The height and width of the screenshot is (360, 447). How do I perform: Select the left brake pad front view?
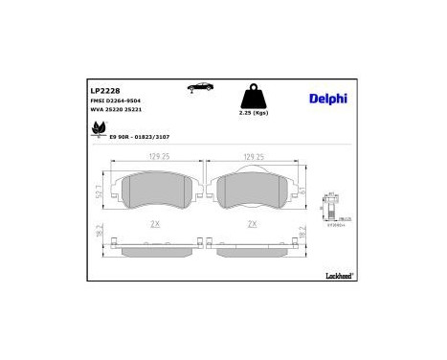coord(157,194)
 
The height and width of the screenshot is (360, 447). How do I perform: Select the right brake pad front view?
coord(252,194)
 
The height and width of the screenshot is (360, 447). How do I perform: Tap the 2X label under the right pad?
coord(253,224)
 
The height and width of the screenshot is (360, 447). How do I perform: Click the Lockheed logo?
coord(339,275)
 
